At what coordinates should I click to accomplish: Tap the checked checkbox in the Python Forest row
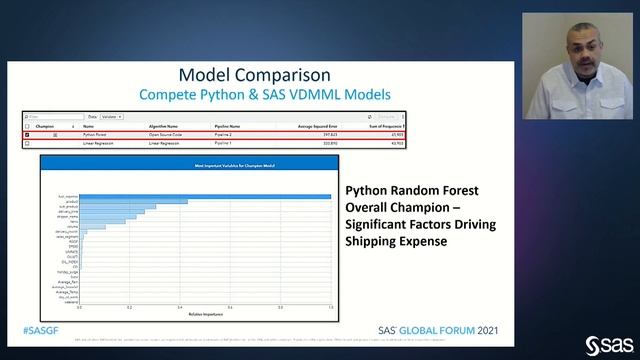pyautogui.click(x=27, y=135)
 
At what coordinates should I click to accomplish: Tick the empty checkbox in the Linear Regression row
pyautogui.click(x=27, y=143)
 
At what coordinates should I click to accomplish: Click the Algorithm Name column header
pyautogui.click(x=165, y=127)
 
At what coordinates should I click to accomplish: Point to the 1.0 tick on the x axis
pyautogui.click(x=330, y=307)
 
